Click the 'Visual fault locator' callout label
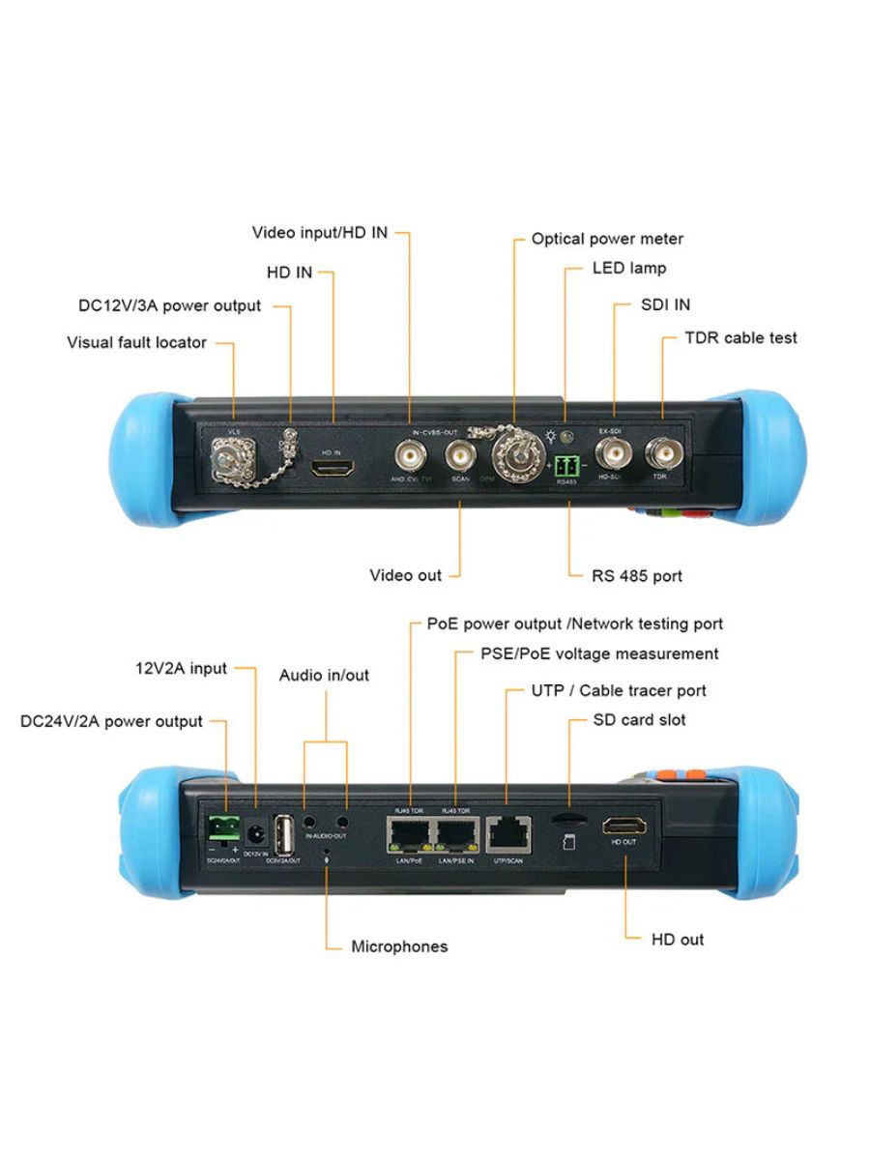[136, 342]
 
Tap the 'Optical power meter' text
[607, 239]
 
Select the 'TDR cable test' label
[740, 337]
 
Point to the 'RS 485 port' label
[636, 576]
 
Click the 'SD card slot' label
[639, 720]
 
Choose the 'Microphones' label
[399, 946]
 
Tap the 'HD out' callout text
[677, 940]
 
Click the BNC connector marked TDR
[662, 452]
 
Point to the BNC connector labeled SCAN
[459, 452]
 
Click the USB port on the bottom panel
[285, 835]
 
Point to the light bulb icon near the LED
[551, 436]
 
